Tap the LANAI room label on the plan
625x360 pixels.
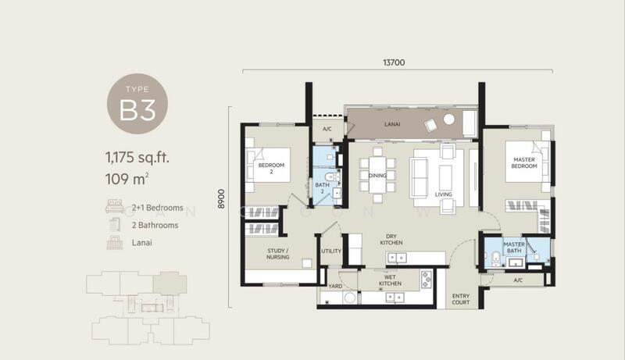pyautogui.click(x=393, y=123)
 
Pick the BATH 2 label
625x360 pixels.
pyautogui.click(x=321, y=188)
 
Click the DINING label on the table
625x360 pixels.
pyautogui.click(x=377, y=175)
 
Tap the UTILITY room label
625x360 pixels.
pyautogui.click(x=331, y=251)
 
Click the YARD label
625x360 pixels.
pyautogui.click(x=335, y=287)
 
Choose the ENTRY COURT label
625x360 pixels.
pyautogui.click(x=461, y=299)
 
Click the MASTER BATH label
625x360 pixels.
pyautogui.click(x=513, y=248)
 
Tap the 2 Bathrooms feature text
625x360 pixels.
pyautogui.click(x=152, y=225)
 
